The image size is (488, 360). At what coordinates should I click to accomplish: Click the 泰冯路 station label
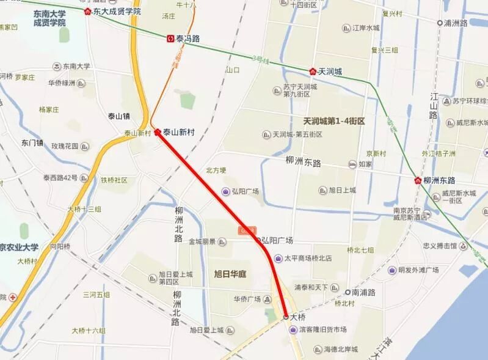(x=188, y=38)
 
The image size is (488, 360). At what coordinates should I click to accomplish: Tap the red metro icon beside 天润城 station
(x=313, y=72)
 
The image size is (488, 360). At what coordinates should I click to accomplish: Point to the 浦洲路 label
(x=456, y=23)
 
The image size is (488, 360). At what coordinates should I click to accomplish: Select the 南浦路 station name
(x=362, y=292)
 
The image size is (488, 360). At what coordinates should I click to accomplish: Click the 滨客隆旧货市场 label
(x=322, y=329)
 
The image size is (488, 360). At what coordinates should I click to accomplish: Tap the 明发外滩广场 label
(x=418, y=270)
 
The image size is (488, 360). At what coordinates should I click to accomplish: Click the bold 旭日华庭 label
(x=230, y=274)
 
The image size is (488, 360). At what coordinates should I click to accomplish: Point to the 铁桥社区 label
(x=114, y=180)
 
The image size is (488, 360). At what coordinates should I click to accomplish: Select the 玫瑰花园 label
(x=65, y=146)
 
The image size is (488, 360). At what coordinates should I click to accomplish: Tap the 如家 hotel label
(x=365, y=164)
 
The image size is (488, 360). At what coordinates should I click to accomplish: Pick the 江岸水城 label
(x=366, y=28)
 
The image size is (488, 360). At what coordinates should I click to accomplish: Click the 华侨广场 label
(x=247, y=299)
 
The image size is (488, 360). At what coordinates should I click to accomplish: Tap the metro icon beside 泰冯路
(x=170, y=38)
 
